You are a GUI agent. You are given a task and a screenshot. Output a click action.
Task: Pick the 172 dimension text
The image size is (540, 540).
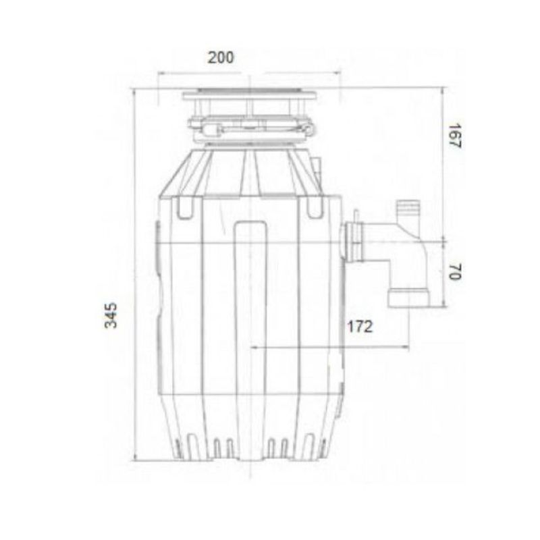359,327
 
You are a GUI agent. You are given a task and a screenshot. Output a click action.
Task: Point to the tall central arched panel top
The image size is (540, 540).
251,226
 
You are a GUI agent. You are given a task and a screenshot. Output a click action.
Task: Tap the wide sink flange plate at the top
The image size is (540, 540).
249,94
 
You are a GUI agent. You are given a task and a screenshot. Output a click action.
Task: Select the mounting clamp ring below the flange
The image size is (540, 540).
251,126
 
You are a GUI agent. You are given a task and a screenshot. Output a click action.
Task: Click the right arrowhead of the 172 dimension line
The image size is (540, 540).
408,348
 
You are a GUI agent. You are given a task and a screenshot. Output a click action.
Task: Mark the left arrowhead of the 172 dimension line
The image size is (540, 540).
253,348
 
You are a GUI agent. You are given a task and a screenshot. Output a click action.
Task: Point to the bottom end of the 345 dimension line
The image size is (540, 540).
135,460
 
